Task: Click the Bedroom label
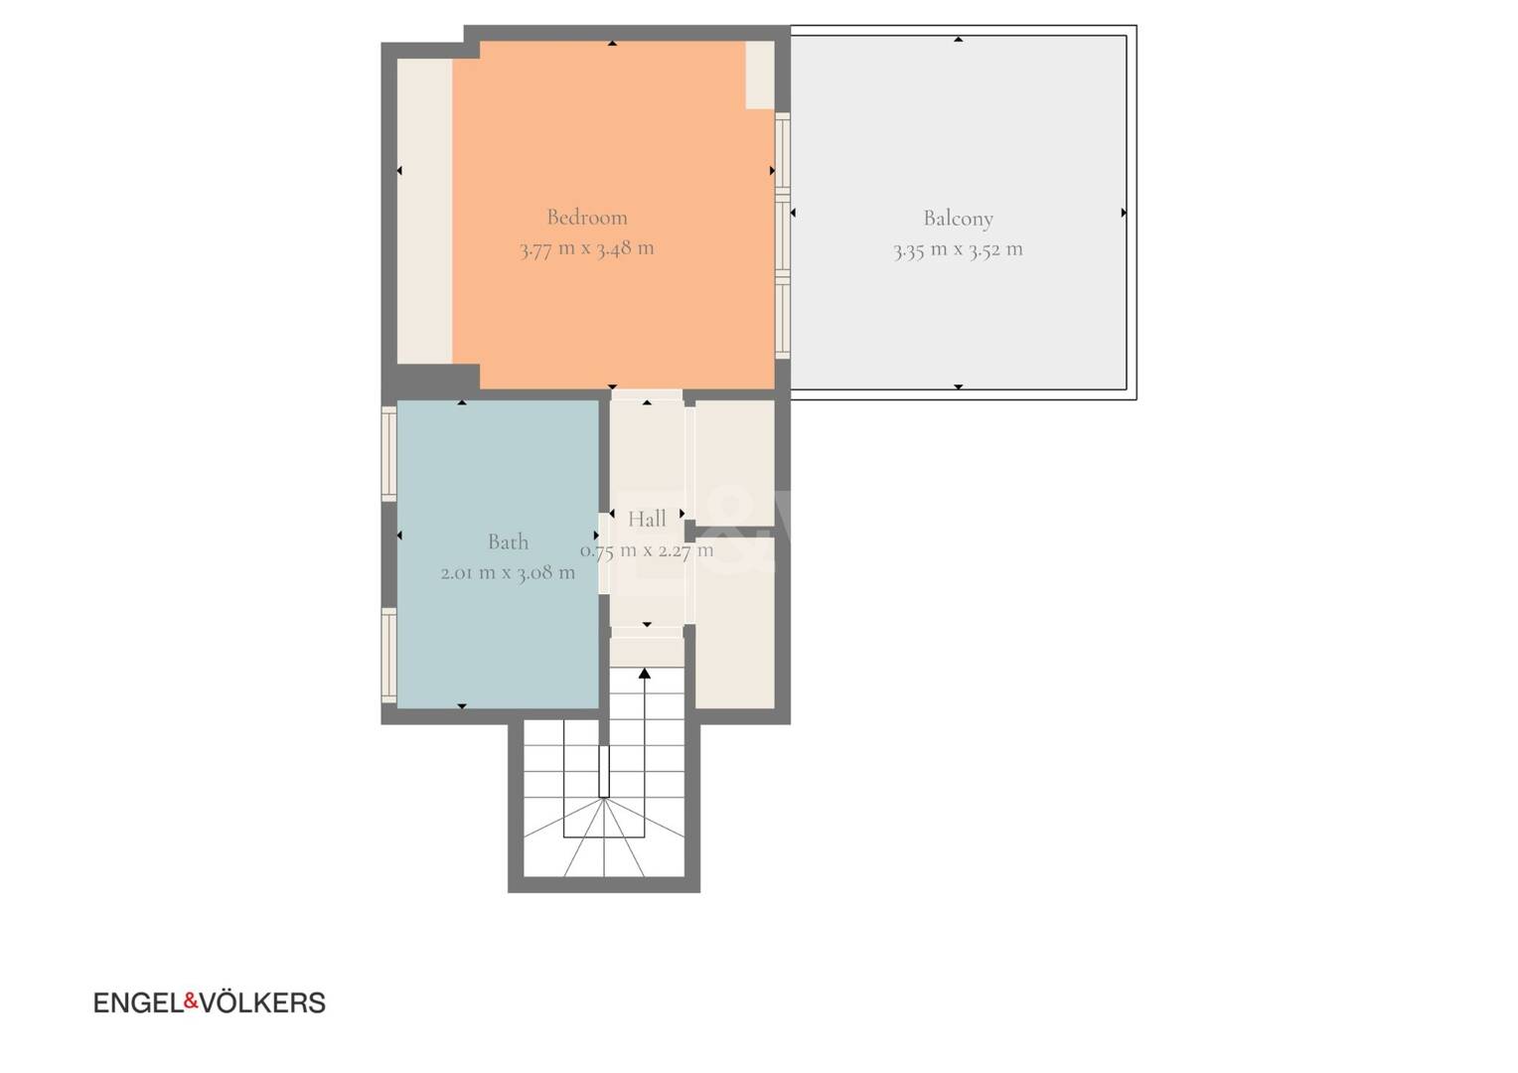587,218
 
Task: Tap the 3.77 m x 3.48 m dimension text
587,248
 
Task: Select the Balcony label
959,219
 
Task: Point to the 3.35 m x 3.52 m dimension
959,250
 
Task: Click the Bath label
509,541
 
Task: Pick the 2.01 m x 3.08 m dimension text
509,573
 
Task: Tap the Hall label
647,520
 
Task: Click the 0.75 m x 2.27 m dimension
647,550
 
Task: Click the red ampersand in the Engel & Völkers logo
191,1000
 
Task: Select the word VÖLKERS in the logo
263,1001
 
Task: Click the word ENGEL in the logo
138,1002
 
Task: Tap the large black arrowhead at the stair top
645,673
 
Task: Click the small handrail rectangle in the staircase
604,772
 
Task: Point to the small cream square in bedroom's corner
760,75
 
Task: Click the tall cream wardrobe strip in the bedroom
425,211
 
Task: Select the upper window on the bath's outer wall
389,453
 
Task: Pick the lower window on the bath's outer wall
389,656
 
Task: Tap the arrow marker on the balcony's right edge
1124,213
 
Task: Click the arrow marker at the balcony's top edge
959,40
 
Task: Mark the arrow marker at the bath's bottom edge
462,706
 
